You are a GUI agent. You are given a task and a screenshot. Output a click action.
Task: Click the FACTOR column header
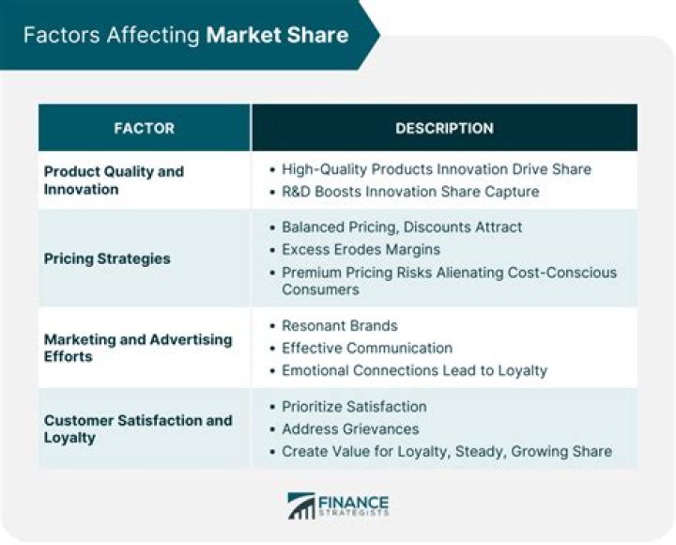point(144,128)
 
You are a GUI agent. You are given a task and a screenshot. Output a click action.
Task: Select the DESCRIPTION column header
point(444,128)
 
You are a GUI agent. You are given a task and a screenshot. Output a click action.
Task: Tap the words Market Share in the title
point(277,36)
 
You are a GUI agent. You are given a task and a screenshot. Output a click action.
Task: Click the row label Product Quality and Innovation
point(114,179)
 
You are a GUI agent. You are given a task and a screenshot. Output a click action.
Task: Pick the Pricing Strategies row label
point(107,257)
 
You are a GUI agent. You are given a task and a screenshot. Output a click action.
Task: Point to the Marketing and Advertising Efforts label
point(137,348)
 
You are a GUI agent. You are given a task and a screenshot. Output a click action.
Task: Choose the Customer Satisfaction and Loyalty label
point(137,428)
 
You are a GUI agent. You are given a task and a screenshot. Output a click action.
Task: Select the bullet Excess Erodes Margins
point(361,250)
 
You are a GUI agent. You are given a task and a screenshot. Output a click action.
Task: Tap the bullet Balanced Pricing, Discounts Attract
point(402,227)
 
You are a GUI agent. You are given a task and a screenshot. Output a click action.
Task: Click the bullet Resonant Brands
point(340,325)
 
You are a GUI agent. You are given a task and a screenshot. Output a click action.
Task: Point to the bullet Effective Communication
point(367,348)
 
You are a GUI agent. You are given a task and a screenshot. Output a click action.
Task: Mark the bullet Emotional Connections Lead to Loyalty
point(414,370)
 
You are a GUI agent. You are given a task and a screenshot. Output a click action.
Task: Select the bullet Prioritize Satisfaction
point(354,406)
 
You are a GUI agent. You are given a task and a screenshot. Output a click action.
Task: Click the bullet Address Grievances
point(350,428)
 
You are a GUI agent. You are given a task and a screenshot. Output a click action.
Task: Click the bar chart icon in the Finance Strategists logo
point(300,506)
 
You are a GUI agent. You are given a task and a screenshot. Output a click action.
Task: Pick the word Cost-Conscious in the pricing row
point(565,272)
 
